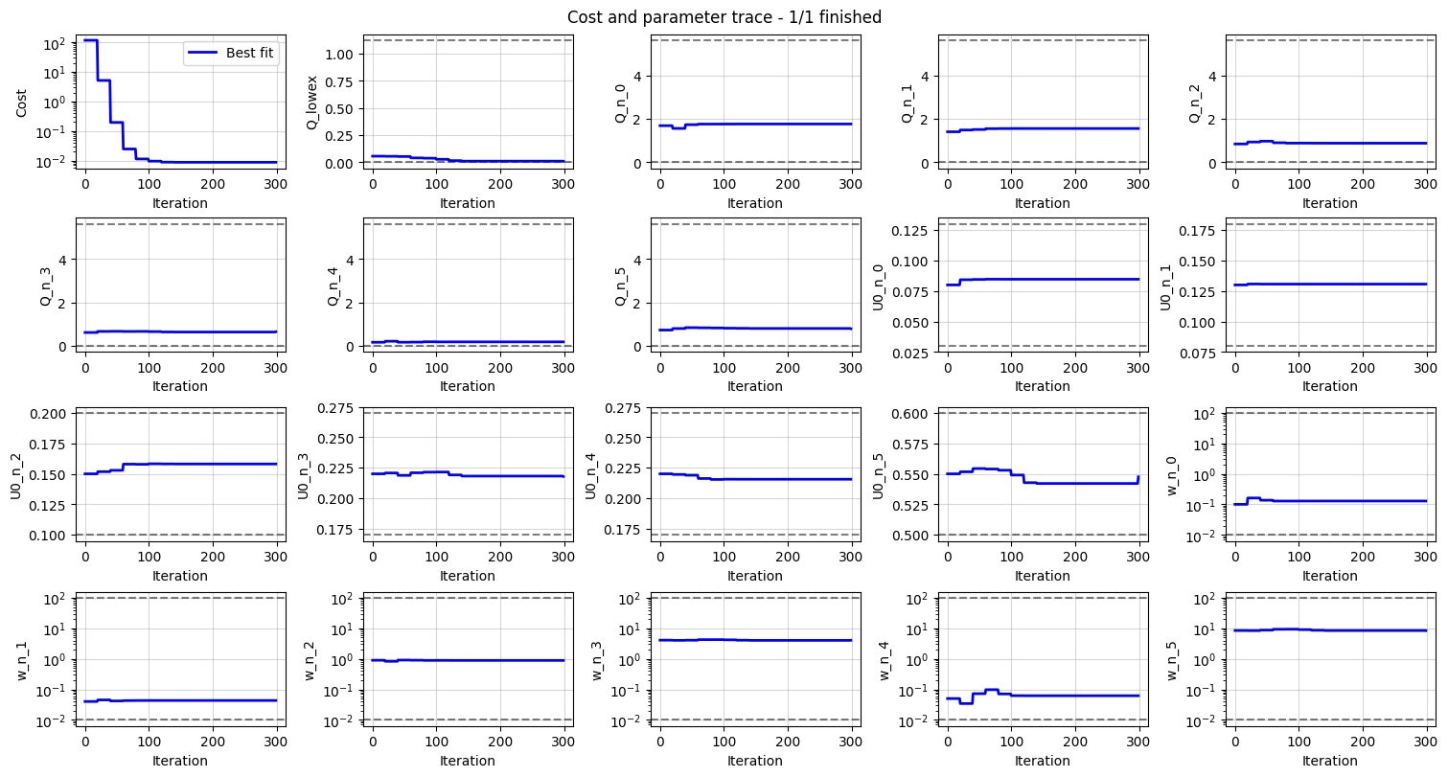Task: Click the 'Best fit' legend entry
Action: click(251, 54)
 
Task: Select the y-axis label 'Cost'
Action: click(21, 103)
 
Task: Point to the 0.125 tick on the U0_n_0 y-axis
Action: click(911, 230)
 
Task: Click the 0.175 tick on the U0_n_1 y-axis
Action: click(1199, 230)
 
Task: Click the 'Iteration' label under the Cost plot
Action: click(180, 203)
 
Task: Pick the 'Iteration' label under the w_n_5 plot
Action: click(1330, 761)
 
